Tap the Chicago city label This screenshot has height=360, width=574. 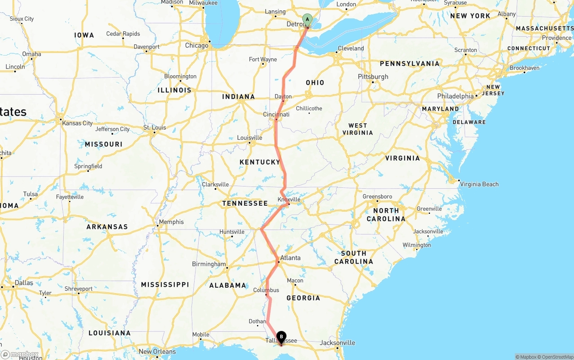(x=196, y=45)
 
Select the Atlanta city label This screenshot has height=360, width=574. (x=290, y=258)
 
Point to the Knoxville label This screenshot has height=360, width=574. (x=289, y=200)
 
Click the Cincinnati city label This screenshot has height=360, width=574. (x=276, y=114)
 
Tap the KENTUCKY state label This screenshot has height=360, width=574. (x=260, y=162)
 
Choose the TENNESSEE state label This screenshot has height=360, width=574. (x=245, y=203)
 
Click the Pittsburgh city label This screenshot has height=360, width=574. (x=373, y=77)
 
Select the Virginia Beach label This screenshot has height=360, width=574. (x=479, y=184)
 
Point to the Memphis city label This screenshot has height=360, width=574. (x=171, y=221)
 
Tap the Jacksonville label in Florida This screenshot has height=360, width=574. (x=337, y=343)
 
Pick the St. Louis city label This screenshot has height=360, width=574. (x=155, y=127)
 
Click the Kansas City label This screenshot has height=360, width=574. (x=78, y=123)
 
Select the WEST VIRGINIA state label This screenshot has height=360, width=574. (x=357, y=129)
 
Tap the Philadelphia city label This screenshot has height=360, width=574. (x=455, y=96)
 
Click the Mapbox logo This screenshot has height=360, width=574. (x=20, y=354)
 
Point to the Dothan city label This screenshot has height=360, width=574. (x=257, y=321)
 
